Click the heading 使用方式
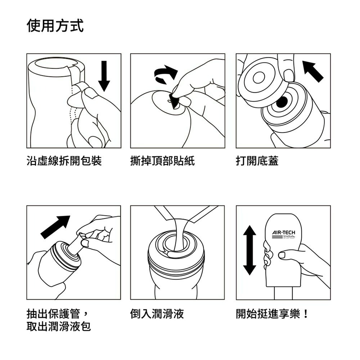coord(55,26)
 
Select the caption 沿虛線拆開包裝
coord(64,161)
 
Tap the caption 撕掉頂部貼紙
coord(162,161)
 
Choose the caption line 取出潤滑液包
coord(59,327)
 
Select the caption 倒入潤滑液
coord(157,314)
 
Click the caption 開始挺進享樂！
coord(272,314)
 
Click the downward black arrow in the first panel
coord(104,76)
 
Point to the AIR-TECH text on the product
coord(284,232)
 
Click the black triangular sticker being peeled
coord(175,102)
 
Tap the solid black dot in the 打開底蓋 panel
coord(282,102)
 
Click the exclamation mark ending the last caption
coord(306,314)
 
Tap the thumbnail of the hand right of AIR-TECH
coord(282,255)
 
